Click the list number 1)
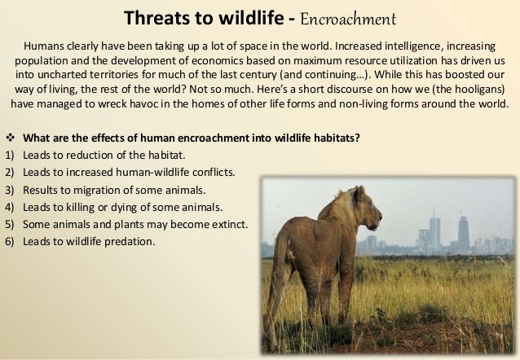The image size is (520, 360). pos(11,155)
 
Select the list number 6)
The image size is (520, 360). pos(11,241)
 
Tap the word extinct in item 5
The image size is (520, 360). pos(231,224)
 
